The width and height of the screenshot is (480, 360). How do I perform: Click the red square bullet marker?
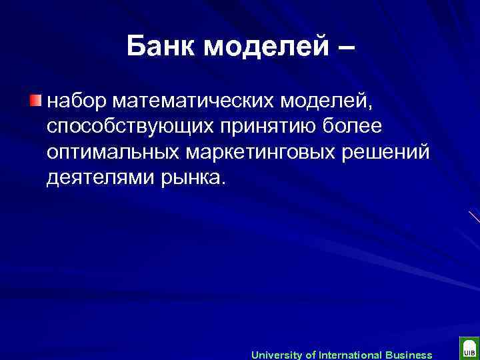pos(35,101)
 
